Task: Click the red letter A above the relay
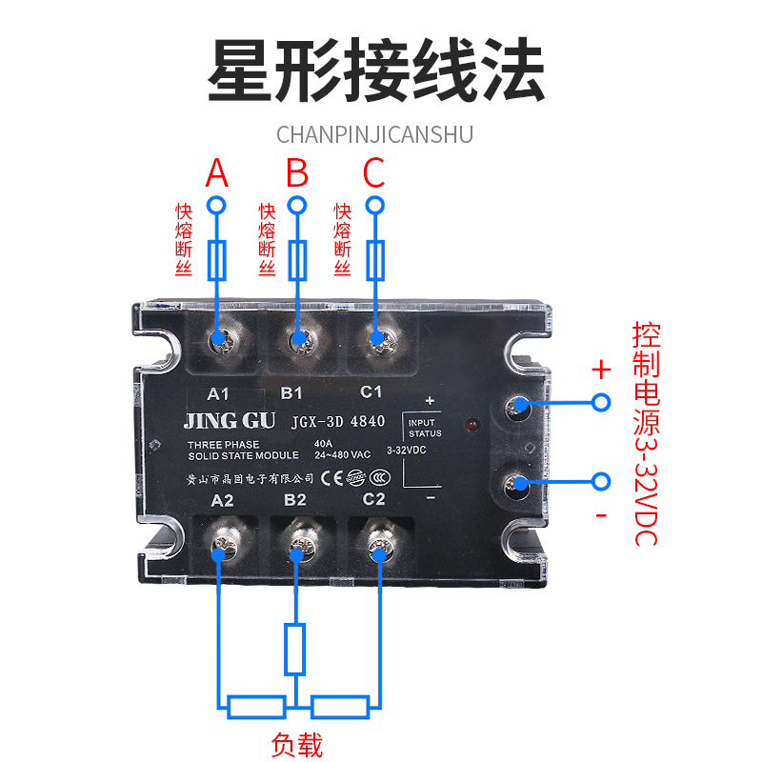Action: tap(218, 174)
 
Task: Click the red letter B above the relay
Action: tap(298, 174)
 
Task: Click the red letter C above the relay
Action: tap(374, 174)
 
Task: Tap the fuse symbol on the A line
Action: tap(219, 260)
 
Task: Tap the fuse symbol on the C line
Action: tap(377, 260)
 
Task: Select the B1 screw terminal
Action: tap(298, 338)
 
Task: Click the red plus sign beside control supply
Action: tap(600, 370)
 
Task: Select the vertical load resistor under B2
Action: tap(296, 650)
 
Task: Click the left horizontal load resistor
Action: tap(256, 706)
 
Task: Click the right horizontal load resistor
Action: tap(340, 706)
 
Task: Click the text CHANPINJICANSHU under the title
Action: tap(374, 132)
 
